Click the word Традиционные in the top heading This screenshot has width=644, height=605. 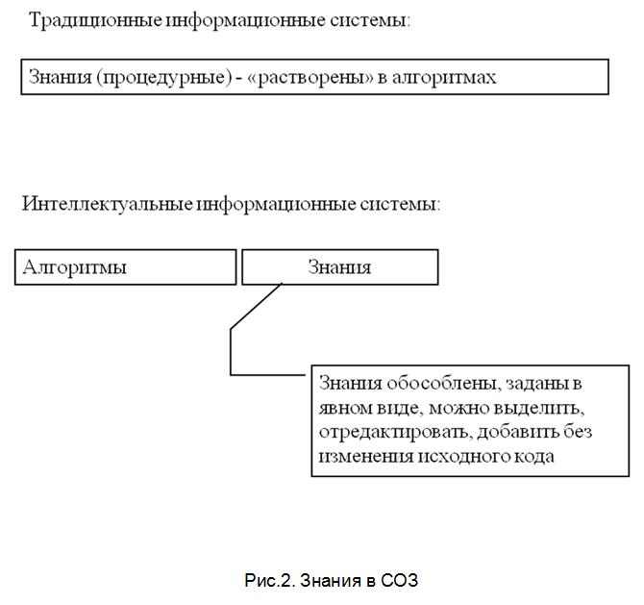point(96,20)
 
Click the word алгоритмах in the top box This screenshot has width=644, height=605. point(444,77)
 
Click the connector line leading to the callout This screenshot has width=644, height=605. point(231,352)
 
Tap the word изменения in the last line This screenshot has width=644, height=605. point(365,457)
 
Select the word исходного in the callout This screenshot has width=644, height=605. point(462,457)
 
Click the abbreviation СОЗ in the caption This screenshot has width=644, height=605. point(399,581)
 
